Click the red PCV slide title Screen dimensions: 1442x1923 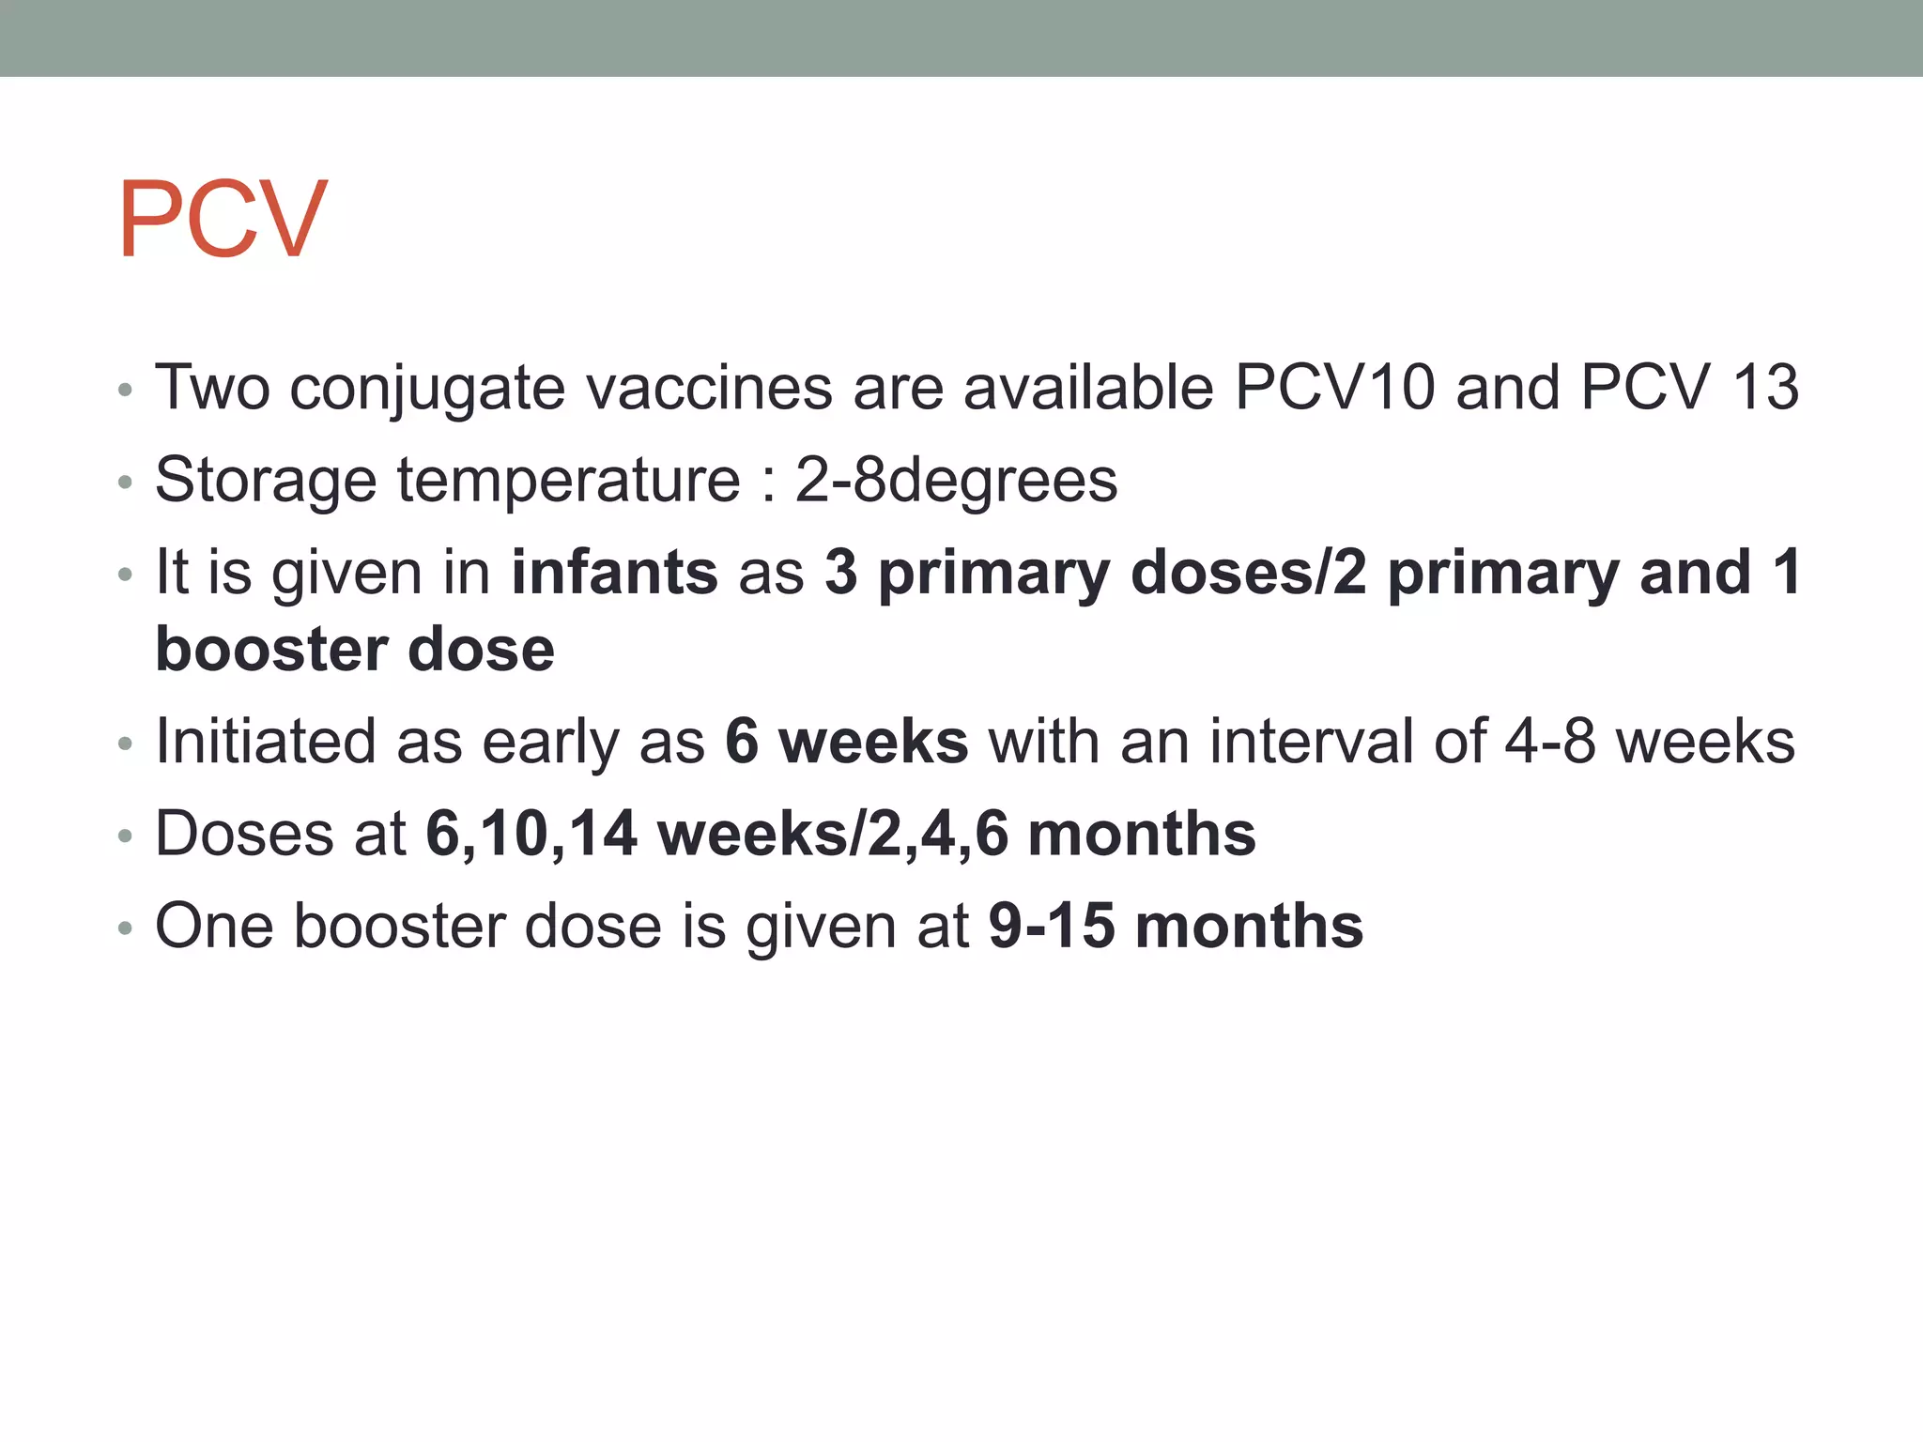point(223,220)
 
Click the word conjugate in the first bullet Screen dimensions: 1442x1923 point(427,389)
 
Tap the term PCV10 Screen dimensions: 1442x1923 point(1334,387)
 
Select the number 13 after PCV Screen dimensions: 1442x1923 point(1765,387)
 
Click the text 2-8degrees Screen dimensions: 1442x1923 point(956,481)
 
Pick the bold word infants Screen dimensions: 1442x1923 point(614,573)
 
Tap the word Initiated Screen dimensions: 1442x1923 point(266,742)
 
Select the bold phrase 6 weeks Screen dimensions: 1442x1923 point(846,742)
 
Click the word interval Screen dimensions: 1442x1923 point(1311,742)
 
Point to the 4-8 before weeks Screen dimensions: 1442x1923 point(1549,742)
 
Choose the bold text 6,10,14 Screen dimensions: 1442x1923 point(531,835)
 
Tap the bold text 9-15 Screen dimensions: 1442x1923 point(1051,927)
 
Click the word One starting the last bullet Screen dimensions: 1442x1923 point(213,927)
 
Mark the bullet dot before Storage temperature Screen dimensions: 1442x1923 point(126,483)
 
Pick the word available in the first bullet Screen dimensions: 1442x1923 point(1088,387)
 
